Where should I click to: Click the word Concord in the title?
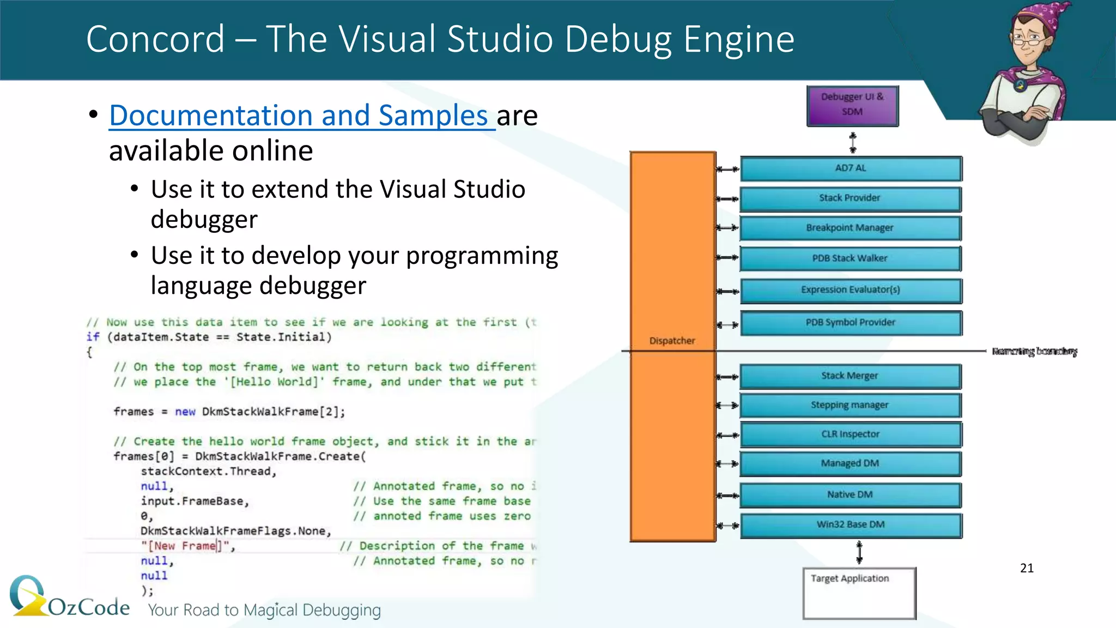pos(155,39)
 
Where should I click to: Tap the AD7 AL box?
pos(851,168)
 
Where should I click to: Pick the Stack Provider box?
pos(850,198)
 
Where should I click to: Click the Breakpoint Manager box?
pos(850,228)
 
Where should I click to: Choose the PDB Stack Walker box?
pos(850,258)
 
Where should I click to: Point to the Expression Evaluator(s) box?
pos(851,290)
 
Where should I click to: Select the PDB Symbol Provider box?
pos(851,323)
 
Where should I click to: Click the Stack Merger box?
pos(850,376)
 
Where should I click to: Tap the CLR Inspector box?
pos(850,434)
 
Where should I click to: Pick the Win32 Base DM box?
pos(850,525)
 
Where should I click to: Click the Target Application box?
pos(859,593)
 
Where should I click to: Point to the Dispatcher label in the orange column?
pos(672,341)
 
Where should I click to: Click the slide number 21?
pos(1027,568)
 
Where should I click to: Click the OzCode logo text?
pos(89,607)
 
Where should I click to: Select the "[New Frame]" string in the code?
pos(186,546)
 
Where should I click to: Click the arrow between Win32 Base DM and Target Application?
pos(859,552)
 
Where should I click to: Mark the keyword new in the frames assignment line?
pos(185,412)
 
